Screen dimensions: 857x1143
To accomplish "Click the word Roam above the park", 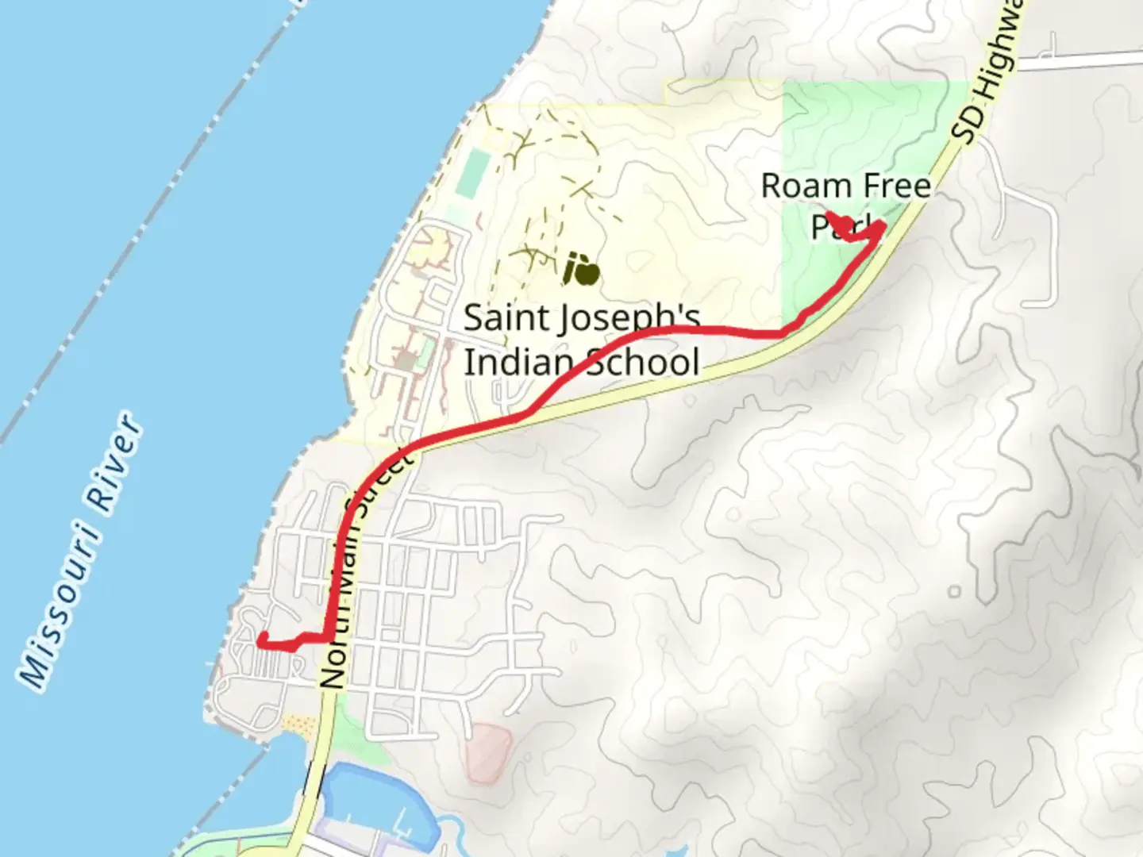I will tap(806, 186).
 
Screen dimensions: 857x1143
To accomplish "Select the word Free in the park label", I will tap(896, 186).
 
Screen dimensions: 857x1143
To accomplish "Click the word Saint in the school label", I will tap(506, 318).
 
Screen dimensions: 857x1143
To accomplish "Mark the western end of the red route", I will tap(261, 637).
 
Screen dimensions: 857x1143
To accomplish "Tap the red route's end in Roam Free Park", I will tap(829, 214).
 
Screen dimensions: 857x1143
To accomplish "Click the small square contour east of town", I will tap(954, 591).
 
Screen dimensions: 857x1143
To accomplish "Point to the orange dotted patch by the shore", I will tap(298, 724).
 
